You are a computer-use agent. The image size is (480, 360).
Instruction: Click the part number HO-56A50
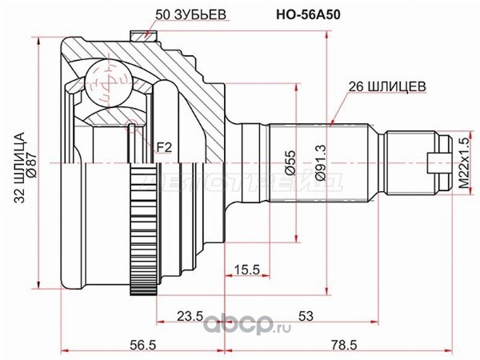[x=308, y=14]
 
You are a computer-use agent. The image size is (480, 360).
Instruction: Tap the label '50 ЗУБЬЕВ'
[x=190, y=14]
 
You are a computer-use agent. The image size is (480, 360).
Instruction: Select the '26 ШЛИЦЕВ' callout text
[x=387, y=86]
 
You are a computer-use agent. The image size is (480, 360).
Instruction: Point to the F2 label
[x=164, y=148]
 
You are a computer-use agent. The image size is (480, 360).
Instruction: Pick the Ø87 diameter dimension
[x=33, y=165]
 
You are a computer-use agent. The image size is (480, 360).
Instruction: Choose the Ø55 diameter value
[x=291, y=163]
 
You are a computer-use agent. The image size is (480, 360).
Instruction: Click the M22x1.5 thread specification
[x=464, y=163]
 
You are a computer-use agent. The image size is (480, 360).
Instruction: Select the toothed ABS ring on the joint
[x=144, y=230]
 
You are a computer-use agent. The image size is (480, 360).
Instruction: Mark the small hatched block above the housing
[x=144, y=36]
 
